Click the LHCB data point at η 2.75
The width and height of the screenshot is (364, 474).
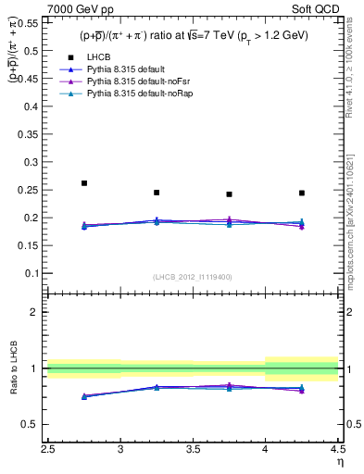point(84,183)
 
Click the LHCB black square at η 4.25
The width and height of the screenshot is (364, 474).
point(302,193)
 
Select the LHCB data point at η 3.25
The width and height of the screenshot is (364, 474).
point(157,193)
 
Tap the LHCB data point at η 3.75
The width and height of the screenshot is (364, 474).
point(229,194)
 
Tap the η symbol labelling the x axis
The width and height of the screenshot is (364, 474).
point(339,460)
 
